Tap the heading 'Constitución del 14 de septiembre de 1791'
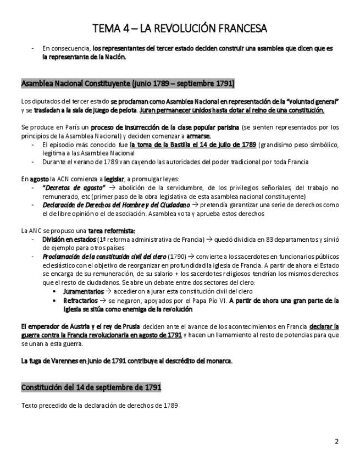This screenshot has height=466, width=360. pos(91,387)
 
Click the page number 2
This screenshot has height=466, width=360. pos(337,441)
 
